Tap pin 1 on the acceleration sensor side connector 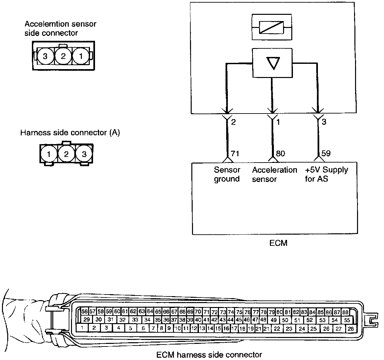point(81,56)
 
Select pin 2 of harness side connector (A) point(66,154)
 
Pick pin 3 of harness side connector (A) point(84,154)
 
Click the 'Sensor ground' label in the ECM point(227,174)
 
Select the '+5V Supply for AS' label point(326,174)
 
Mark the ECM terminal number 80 point(280,154)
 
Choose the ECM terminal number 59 point(326,154)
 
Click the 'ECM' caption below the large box point(278,243)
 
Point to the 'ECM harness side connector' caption point(209,355)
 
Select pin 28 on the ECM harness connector point(351,328)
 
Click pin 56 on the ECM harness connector point(84,311)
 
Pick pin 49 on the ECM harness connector point(273,320)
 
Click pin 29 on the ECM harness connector point(87,319)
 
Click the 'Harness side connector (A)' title point(70,133)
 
